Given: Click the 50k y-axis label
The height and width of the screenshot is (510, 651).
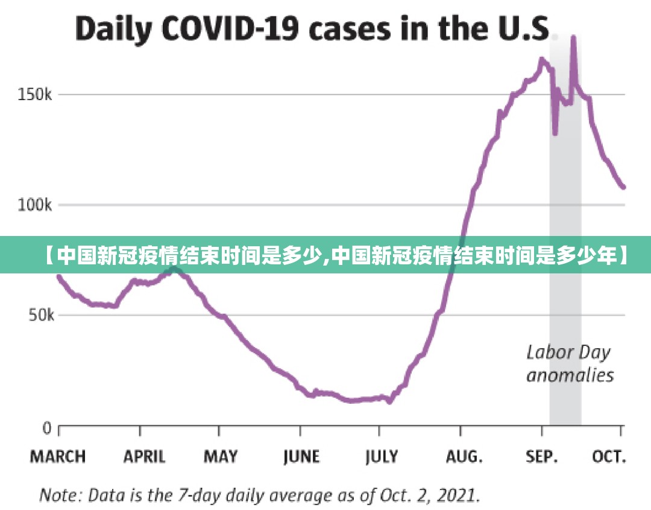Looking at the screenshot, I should [40, 316].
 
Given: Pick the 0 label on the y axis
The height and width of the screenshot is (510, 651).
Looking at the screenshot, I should [46, 429].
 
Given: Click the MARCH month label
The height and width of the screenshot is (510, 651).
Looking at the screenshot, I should [58, 457].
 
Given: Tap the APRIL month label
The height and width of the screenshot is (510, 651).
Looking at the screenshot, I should [144, 457].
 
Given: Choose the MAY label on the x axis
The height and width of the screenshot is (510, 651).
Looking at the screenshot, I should [220, 457].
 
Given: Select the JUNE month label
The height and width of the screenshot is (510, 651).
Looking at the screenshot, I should [301, 457].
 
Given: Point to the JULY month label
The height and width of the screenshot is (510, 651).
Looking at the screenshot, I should [382, 457].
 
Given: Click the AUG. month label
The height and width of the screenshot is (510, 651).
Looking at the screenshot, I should [464, 457].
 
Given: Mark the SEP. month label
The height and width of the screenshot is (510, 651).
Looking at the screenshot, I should [541, 457].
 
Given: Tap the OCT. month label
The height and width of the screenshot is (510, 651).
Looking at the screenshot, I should [609, 457].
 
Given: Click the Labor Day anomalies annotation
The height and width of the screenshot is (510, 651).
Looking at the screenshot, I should [570, 363].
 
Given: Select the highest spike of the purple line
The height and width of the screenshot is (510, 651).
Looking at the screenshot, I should [573, 37].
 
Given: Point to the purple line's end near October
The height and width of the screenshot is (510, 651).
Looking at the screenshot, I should [623, 187].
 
